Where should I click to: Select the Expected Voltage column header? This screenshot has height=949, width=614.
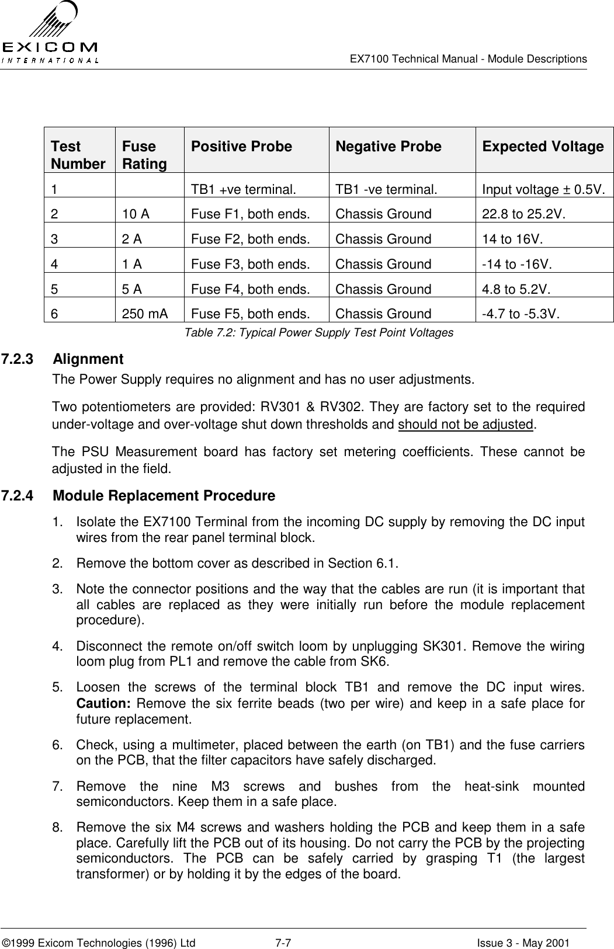[x=543, y=147]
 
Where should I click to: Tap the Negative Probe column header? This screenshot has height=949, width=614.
[x=388, y=147]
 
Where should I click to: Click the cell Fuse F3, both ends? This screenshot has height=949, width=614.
[x=250, y=264]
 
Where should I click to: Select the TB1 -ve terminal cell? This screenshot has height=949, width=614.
[x=386, y=190]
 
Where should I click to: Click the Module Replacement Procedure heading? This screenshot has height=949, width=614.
[x=164, y=496]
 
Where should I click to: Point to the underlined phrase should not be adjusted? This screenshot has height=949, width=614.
[x=466, y=423]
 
